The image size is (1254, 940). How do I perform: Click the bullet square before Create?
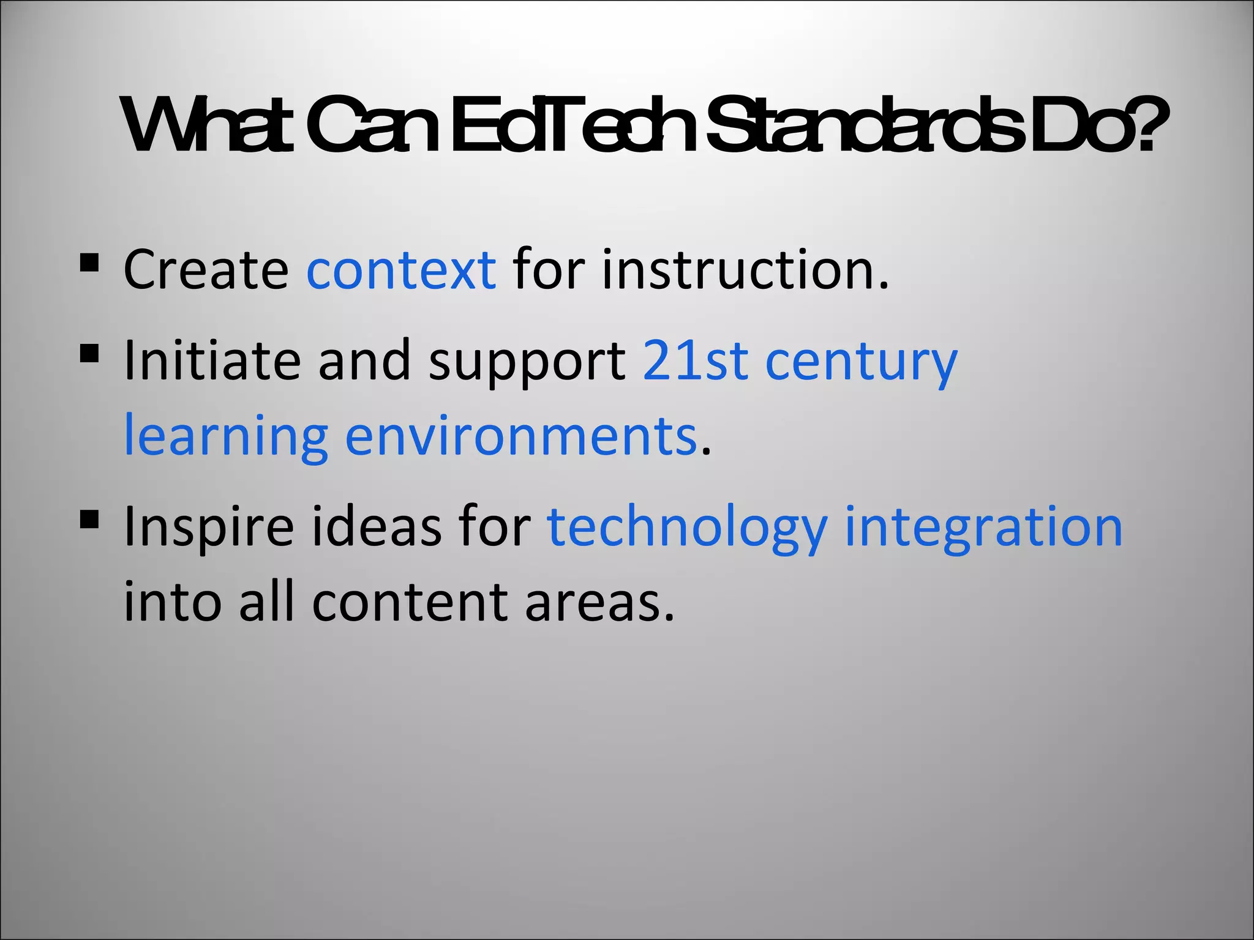[x=89, y=263]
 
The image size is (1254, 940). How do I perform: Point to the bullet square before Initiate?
[x=89, y=354]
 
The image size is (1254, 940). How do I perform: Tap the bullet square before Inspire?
[x=89, y=520]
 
